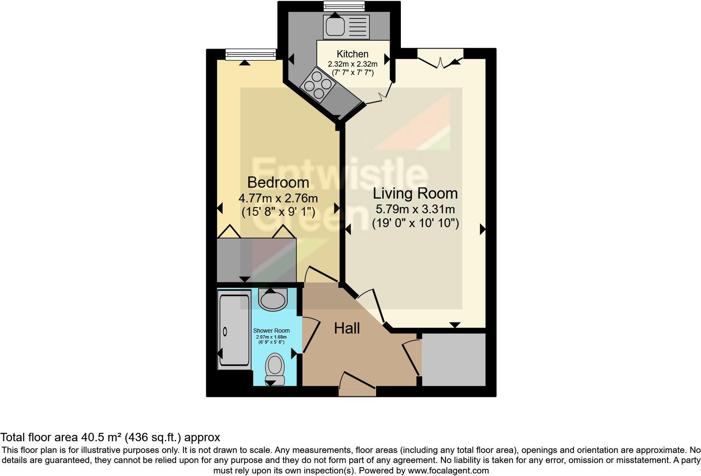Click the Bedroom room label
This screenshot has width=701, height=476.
[278, 183]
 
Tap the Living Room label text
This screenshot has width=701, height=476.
[415, 194]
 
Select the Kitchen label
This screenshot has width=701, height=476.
[353, 54]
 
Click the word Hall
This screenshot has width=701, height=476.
[347, 329]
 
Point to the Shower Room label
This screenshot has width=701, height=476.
[271, 331]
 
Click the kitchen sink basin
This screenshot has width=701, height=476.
[335, 27]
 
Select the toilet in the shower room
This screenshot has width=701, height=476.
[275, 366]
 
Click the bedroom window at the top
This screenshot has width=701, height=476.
[250, 54]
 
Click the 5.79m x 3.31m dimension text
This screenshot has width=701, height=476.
[415, 209]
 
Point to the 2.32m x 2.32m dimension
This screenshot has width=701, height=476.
[353, 64]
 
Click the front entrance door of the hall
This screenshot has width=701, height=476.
[357, 385]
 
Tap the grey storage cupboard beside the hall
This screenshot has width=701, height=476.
[454, 360]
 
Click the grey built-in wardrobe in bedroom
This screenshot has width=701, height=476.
[257, 260]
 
